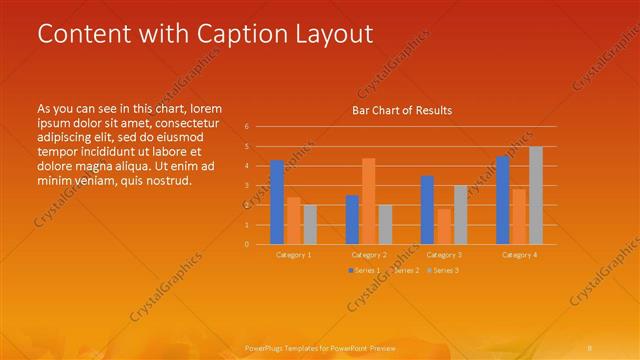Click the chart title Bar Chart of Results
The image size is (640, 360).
click(402, 110)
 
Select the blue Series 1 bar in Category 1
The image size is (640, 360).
click(277, 202)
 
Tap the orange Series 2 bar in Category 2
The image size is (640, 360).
click(368, 201)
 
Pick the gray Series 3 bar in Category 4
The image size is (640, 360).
click(536, 195)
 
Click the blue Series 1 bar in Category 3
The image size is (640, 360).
click(427, 210)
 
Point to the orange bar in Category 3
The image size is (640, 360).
click(443, 226)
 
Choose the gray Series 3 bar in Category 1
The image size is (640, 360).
click(310, 224)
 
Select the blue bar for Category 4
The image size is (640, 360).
click(503, 200)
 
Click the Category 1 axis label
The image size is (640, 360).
click(294, 255)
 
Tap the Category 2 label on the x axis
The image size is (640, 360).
click(369, 255)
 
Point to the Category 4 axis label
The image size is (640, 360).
click(519, 255)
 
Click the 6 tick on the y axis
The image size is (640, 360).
click(247, 127)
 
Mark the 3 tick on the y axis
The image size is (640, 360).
click(247, 186)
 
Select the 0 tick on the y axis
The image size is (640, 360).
click(247, 244)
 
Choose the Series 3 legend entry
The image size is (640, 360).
click(444, 271)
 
